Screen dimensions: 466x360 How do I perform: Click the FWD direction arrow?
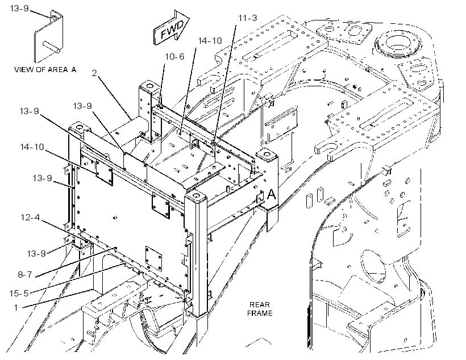click(x=171, y=28)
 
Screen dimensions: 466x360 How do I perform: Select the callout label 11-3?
click(x=248, y=18)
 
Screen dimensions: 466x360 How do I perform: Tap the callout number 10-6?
click(x=174, y=56)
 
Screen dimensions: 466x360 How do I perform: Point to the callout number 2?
click(x=94, y=73)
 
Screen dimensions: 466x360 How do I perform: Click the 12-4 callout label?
click(x=30, y=217)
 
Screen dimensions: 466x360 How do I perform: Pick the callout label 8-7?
click(x=24, y=274)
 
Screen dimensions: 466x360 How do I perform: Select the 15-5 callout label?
click(x=19, y=294)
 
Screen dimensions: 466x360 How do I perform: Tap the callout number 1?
click(x=16, y=307)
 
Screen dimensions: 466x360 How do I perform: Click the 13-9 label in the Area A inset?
click(x=19, y=9)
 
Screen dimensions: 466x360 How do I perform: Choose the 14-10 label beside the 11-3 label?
click(x=210, y=41)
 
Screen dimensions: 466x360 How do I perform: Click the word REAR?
click(x=260, y=305)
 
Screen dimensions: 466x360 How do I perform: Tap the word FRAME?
click(x=260, y=313)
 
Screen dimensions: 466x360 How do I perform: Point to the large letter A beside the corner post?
click(x=271, y=195)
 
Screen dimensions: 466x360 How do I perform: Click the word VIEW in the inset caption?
click(x=24, y=69)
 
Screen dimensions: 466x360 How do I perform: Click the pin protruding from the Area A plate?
click(x=51, y=48)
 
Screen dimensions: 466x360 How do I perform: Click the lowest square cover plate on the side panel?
click(x=153, y=259)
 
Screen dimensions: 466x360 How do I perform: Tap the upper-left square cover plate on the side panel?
click(x=104, y=173)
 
